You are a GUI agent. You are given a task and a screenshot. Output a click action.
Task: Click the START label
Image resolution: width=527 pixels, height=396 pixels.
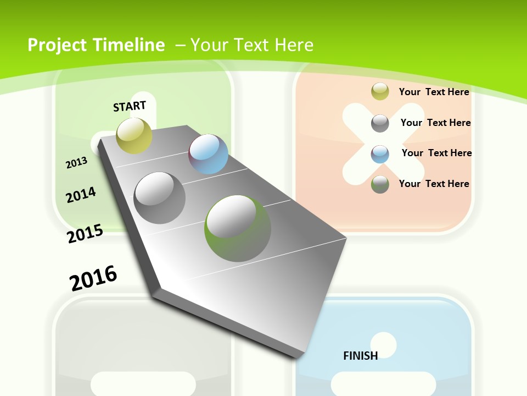130,106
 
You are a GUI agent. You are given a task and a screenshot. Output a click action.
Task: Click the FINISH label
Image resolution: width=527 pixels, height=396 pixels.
361,356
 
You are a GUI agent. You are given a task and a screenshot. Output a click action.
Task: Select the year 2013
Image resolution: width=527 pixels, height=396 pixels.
76,162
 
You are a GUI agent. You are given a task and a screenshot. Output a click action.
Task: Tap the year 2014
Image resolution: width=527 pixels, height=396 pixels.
81,195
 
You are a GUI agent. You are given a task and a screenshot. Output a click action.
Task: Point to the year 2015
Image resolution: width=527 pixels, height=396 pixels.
85,234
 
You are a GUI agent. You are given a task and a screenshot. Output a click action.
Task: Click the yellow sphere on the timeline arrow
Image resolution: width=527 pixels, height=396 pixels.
134,135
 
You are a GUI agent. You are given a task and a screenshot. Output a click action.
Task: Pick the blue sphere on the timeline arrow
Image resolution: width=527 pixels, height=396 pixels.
209,153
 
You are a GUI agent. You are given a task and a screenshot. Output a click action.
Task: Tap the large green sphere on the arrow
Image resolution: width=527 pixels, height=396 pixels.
238,228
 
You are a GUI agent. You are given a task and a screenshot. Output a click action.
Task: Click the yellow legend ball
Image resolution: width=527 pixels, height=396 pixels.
380,92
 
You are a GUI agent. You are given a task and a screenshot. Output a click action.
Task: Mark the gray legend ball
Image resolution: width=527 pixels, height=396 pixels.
380,123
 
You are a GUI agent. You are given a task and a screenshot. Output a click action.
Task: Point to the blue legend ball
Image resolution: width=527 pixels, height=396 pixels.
380,153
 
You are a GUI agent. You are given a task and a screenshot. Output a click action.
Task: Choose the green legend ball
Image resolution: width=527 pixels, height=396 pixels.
380,184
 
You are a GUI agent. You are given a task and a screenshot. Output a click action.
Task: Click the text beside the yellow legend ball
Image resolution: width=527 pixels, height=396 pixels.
434,92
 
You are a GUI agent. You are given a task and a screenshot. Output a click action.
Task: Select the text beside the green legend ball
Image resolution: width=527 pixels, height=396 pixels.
434,184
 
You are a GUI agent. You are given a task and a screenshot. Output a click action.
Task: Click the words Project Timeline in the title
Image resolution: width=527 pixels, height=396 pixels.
96,45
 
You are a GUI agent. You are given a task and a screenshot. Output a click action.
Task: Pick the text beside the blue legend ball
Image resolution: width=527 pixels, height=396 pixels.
436,153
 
